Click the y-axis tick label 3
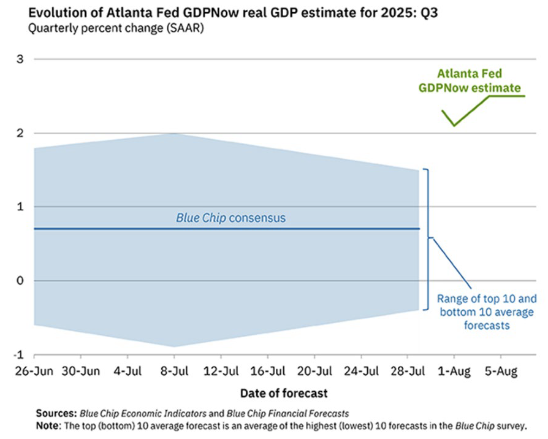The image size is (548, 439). point(20,59)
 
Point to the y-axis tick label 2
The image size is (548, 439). point(20,133)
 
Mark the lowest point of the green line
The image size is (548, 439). point(454,126)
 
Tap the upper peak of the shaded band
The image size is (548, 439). point(174,134)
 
